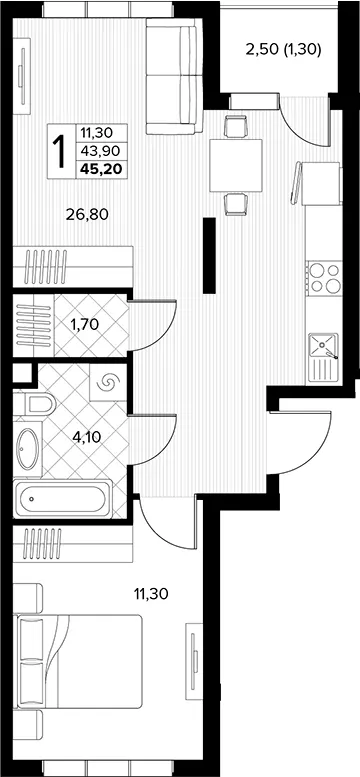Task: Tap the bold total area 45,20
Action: (102, 169)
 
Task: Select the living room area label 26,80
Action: (87, 214)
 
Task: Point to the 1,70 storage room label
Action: (85, 325)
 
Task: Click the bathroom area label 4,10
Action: (89, 437)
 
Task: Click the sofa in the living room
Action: (174, 76)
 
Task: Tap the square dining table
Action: (236, 166)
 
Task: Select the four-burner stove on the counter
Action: (324, 278)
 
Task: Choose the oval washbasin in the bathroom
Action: (28, 449)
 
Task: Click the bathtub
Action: (62, 499)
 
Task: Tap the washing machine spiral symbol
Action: (108, 382)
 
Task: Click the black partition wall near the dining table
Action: (210, 255)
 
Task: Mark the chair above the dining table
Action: (236, 126)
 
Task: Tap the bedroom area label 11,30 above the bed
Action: (151, 593)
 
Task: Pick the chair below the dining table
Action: (236, 204)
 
